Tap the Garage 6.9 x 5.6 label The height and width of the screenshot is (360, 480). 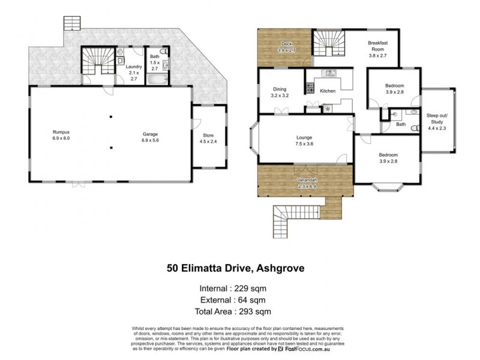(150, 137)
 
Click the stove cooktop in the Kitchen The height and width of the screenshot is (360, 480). (311, 89)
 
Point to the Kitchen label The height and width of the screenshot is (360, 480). (327, 91)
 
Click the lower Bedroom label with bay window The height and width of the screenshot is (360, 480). (389, 158)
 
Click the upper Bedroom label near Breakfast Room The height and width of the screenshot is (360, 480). (394, 89)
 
